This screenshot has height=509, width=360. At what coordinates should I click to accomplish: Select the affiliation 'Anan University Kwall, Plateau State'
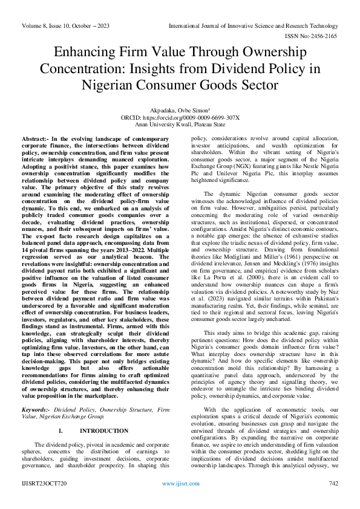tap(180, 125)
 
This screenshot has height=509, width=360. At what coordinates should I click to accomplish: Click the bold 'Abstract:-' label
tap(36, 140)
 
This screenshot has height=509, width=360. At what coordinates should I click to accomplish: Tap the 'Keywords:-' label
tap(36, 409)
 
